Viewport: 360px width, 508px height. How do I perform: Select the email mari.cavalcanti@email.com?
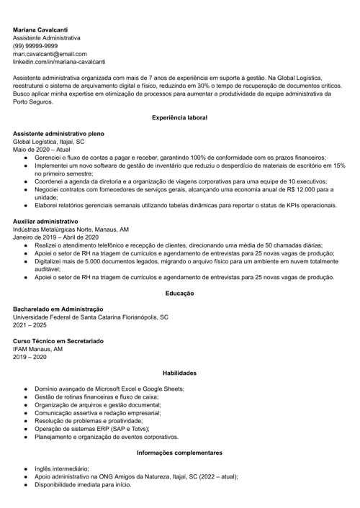[x=50, y=54]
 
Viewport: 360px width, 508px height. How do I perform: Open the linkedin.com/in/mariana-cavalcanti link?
[x=59, y=62]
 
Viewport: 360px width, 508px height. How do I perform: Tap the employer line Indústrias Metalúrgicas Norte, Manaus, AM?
[x=71, y=229]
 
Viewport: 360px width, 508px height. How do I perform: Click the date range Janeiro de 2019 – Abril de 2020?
[x=55, y=237]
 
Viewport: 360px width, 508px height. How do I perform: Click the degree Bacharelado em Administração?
[x=58, y=309]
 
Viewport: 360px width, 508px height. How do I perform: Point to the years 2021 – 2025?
[x=30, y=325]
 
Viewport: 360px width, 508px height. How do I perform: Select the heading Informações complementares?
[x=179, y=453]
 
